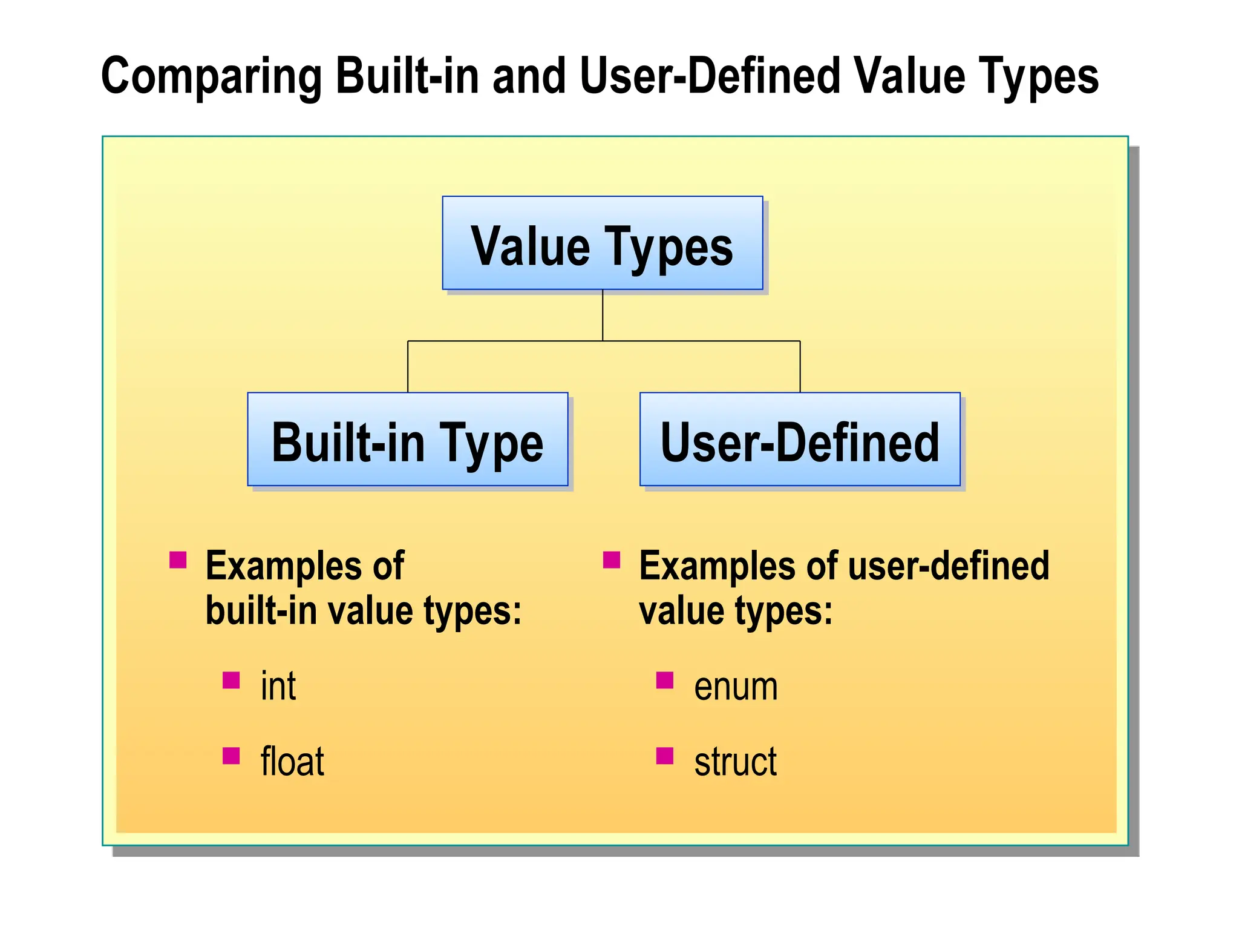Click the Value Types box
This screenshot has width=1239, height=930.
click(x=602, y=243)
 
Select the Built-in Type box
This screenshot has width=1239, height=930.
click(x=407, y=440)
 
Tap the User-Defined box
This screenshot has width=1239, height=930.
click(x=799, y=440)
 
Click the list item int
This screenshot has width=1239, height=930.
click(x=278, y=687)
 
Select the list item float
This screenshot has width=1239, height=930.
click(x=292, y=762)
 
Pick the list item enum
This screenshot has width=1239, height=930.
click(x=736, y=687)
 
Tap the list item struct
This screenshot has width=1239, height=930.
click(x=735, y=762)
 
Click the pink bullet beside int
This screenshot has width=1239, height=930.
click(x=231, y=681)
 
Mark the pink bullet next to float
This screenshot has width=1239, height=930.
click(x=231, y=756)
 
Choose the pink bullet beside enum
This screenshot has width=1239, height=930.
click(x=665, y=681)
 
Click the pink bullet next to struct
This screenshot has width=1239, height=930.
click(x=665, y=756)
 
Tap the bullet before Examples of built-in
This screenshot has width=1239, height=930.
click(x=178, y=559)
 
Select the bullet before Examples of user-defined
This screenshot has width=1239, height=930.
click(x=612, y=559)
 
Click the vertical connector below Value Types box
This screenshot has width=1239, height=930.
click(x=603, y=315)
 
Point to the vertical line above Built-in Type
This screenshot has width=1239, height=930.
click(x=408, y=366)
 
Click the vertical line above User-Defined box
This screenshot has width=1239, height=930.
click(x=800, y=366)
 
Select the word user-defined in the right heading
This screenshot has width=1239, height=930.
click(x=949, y=566)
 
